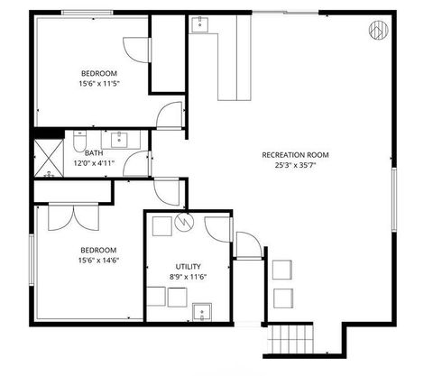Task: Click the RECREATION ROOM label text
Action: (295, 155)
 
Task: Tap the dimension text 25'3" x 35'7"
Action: (295, 166)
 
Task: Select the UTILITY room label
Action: (189, 266)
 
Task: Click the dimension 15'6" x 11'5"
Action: (100, 84)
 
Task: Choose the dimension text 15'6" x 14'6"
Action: (100, 261)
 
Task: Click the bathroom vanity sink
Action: (120, 140)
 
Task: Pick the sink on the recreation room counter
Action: (199, 23)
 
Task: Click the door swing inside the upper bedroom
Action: (134, 50)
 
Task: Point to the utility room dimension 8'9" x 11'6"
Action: (189, 277)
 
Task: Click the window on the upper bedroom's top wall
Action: (87, 11)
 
